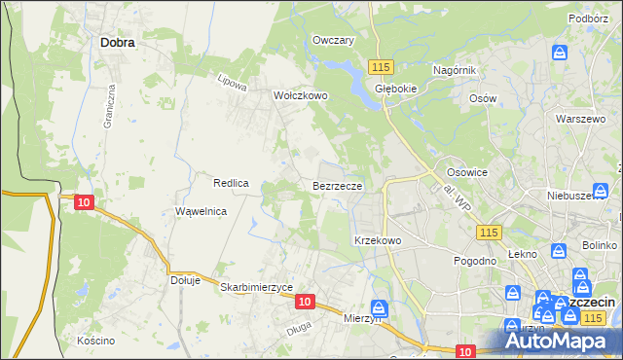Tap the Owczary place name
(x=332, y=40)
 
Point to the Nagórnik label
(x=454, y=70)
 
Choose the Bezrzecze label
(x=338, y=185)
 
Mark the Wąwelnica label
(x=201, y=211)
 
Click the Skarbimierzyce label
(x=257, y=288)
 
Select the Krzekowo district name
(x=378, y=239)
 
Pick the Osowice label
(x=466, y=171)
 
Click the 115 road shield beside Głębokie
(x=380, y=66)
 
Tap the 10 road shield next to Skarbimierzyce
(x=305, y=303)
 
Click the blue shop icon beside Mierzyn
(x=379, y=309)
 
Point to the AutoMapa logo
(x=561, y=342)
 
